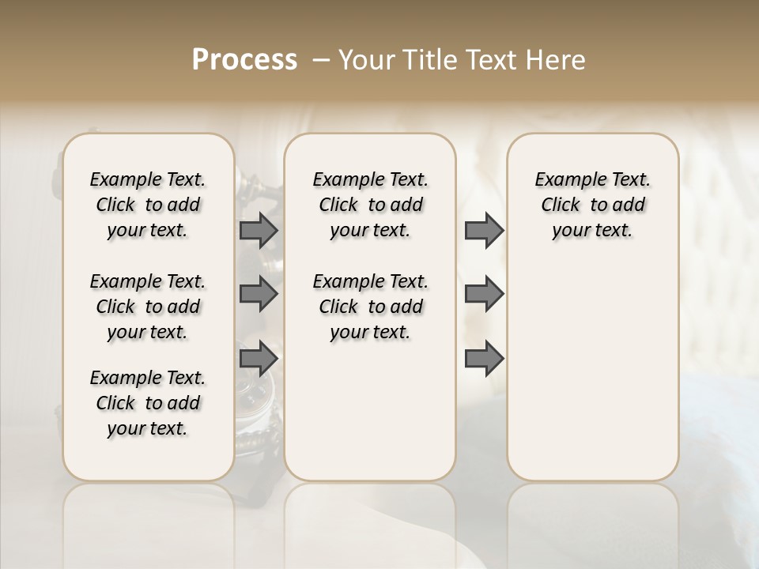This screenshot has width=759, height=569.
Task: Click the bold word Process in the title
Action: click(x=244, y=60)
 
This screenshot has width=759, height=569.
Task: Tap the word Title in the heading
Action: click(x=424, y=60)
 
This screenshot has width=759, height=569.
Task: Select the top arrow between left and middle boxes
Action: click(x=258, y=231)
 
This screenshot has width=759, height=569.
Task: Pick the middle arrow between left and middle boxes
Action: click(x=258, y=294)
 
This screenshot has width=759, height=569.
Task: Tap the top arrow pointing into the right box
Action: click(x=483, y=231)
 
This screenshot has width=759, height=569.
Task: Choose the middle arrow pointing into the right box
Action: click(x=483, y=294)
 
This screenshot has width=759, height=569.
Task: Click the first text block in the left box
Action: click(x=148, y=205)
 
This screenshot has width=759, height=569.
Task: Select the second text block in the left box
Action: click(x=148, y=307)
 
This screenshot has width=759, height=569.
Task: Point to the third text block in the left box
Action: click(x=148, y=403)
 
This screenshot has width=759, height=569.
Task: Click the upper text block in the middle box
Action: click(x=370, y=205)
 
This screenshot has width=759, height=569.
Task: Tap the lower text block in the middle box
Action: click(x=370, y=307)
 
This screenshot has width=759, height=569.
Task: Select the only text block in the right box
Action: click(x=592, y=205)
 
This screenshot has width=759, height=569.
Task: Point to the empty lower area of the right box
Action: click(x=592, y=364)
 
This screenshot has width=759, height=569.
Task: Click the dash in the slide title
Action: click(x=321, y=60)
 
